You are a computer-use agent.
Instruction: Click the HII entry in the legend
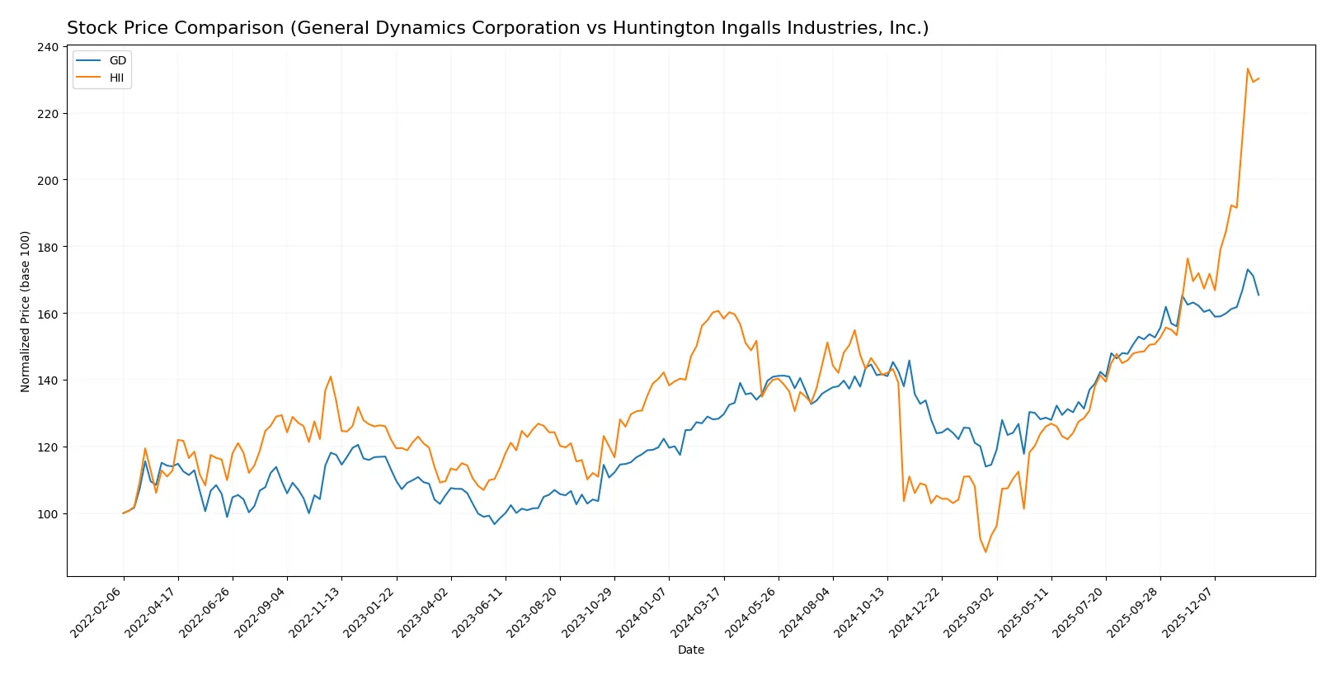[116, 78]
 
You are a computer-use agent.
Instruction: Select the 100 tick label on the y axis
[49, 513]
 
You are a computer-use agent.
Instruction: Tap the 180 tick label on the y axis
[49, 247]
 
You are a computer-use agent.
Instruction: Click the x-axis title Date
[690, 650]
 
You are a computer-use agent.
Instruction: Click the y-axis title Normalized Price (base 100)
[26, 311]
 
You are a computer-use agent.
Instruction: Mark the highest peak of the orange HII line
[1247, 69]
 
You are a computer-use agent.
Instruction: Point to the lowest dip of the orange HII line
[985, 551]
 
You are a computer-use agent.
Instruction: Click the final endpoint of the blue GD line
[1258, 295]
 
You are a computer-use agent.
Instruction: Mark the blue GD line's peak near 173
[1248, 269]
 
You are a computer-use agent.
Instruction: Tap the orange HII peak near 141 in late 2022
[331, 376]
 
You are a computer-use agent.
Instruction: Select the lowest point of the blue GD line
[495, 524]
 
